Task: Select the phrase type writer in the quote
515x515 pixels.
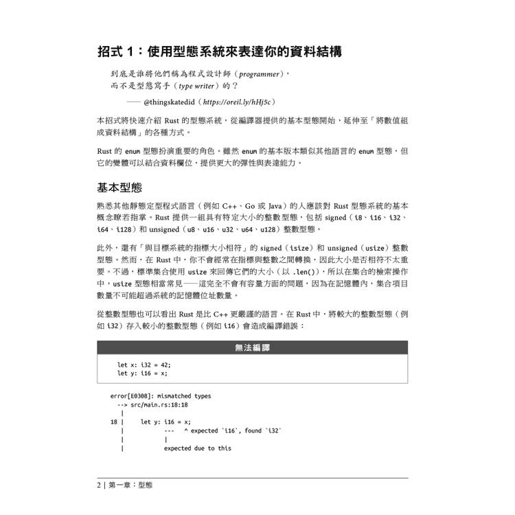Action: tap(200, 87)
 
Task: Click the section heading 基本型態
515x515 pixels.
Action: tap(119, 187)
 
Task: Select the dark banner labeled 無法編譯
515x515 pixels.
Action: tap(252, 348)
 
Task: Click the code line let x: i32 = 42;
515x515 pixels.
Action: tap(144, 364)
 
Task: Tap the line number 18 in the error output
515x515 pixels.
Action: tap(113, 422)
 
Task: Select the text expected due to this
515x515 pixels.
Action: tap(197, 448)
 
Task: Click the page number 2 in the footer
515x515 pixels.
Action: tap(99, 485)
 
